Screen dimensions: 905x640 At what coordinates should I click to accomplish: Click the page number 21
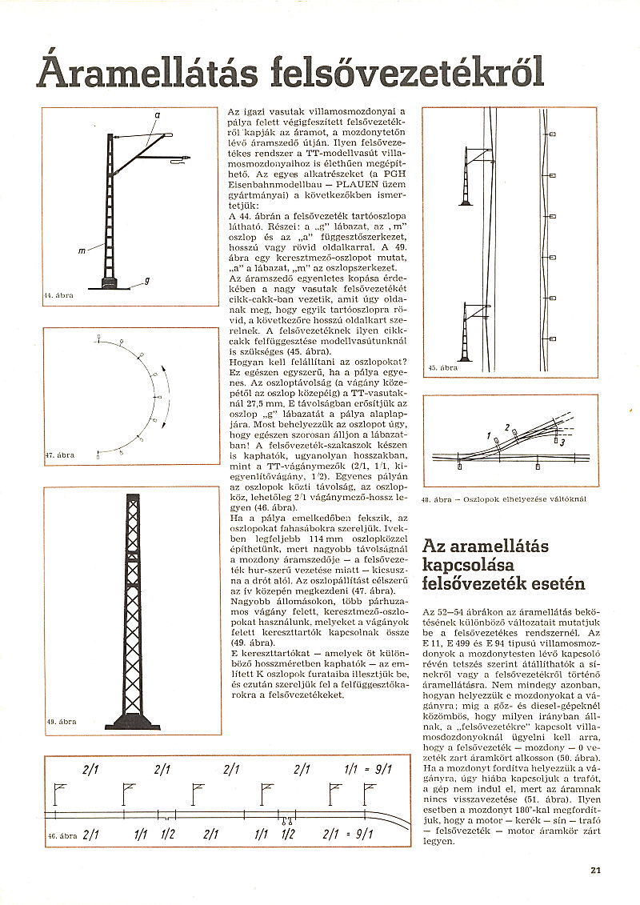pyautogui.click(x=595, y=871)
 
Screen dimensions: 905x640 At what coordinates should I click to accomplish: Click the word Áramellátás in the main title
pyautogui.click(x=149, y=72)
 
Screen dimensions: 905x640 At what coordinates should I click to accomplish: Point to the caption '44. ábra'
pyautogui.click(x=58, y=295)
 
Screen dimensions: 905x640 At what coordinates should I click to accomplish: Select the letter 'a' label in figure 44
pyautogui.click(x=157, y=116)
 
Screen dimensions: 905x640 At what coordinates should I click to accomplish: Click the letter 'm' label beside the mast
pyautogui.click(x=82, y=251)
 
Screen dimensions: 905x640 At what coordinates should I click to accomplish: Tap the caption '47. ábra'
pyautogui.click(x=59, y=455)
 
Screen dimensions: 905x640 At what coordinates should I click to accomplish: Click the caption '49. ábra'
pyautogui.click(x=61, y=721)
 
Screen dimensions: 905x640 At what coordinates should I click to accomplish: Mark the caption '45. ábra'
pyautogui.click(x=442, y=368)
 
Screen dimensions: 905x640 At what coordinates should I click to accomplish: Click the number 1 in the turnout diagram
pyautogui.click(x=487, y=434)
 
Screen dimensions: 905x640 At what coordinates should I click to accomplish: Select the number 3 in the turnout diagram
pyautogui.click(x=563, y=442)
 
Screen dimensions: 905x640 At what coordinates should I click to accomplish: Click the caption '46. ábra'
pyautogui.click(x=62, y=835)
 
